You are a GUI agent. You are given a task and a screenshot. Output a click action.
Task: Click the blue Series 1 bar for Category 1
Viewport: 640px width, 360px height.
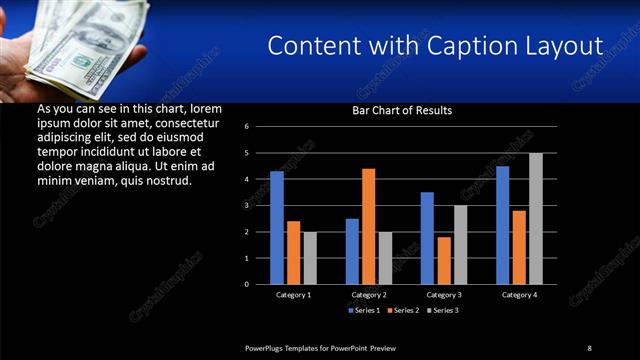pos(277,228)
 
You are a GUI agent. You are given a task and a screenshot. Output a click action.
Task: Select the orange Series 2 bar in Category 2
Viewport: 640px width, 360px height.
pos(369,226)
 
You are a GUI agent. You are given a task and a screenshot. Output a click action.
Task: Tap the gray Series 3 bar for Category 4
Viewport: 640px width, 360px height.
pos(536,218)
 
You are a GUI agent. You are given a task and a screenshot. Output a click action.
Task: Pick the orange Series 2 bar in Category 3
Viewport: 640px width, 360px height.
pos(444,260)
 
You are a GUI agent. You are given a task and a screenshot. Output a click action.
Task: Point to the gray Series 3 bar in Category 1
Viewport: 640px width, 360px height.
pos(310,258)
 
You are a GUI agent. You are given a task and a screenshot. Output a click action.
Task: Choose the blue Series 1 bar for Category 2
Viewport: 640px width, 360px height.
pos(352,251)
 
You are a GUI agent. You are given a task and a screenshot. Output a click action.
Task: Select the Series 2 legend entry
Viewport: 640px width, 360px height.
pos(403,310)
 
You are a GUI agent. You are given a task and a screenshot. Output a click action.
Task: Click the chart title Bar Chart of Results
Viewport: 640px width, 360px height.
pos(402,110)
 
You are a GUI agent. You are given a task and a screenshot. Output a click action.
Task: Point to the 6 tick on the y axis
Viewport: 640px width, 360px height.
pos(260,127)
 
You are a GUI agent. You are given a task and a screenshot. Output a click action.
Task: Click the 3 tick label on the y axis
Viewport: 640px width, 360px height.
pos(260,205)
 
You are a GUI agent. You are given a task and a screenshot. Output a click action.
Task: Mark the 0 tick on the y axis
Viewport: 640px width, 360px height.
pos(260,284)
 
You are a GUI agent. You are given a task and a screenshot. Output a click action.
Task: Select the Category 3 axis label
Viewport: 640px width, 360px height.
pos(444,295)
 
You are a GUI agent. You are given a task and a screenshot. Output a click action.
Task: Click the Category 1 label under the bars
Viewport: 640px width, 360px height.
pos(293,295)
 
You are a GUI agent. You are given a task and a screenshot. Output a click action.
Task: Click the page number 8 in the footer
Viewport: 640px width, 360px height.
pos(589,348)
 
